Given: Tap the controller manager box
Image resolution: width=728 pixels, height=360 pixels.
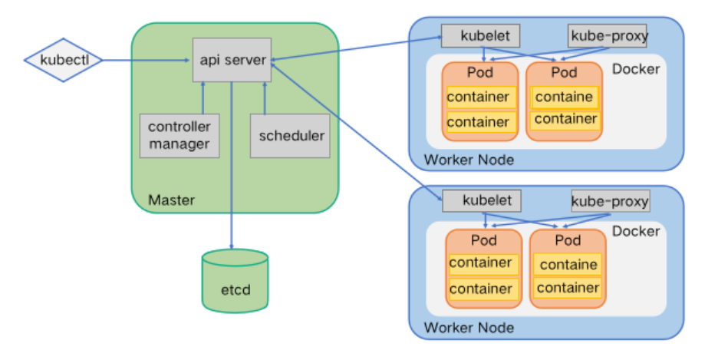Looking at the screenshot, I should click(178, 135).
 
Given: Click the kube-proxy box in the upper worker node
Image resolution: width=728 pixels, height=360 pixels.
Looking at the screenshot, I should click(608, 35).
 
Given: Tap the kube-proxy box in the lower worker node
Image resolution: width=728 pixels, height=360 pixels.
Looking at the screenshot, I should click(610, 202).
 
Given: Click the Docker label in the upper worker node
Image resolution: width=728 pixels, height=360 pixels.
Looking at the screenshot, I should click(636, 69).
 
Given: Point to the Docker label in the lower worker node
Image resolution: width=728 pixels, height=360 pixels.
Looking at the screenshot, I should click(637, 231).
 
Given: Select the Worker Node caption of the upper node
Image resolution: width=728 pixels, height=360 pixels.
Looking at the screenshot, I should click(469, 160).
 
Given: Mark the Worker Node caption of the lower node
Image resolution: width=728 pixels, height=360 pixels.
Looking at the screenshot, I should click(469, 328).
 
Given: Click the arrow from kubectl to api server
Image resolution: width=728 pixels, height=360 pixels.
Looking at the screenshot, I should click(146, 59).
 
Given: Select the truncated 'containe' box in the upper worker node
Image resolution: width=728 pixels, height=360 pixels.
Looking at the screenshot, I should click(564, 97).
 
